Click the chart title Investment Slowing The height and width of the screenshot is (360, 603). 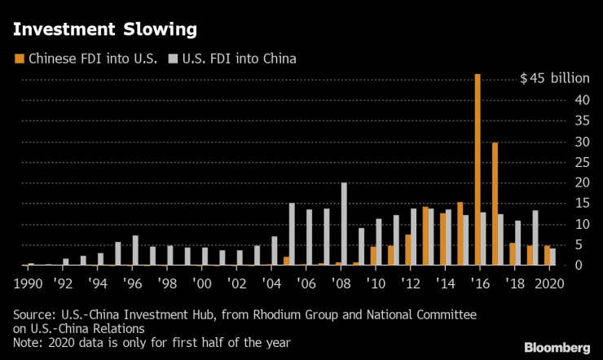(103, 30)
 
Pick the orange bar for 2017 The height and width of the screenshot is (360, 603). (495, 204)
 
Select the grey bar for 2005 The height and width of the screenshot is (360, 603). (292, 234)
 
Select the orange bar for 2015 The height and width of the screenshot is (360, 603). (460, 233)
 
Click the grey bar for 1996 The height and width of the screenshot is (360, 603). (135, 250)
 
